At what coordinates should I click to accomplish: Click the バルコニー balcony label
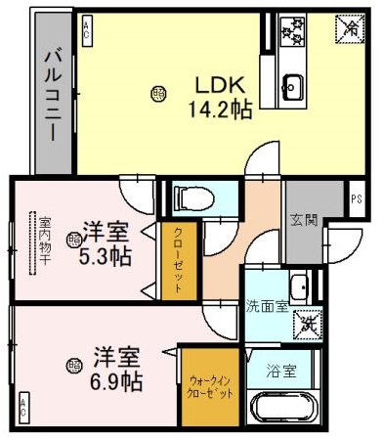coord(54,94)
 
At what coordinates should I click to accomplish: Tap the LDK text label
coord(220,84)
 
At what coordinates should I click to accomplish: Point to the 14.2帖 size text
coord(220,109)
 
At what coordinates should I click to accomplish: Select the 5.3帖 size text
coord(105,258)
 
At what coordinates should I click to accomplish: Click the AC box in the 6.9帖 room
coord(21,401)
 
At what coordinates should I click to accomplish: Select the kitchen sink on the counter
coord(292,86)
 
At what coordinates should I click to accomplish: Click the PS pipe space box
coord(355,199)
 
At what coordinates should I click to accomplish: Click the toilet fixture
coord(192,199)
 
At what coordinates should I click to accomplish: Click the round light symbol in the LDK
coord(158,94)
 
